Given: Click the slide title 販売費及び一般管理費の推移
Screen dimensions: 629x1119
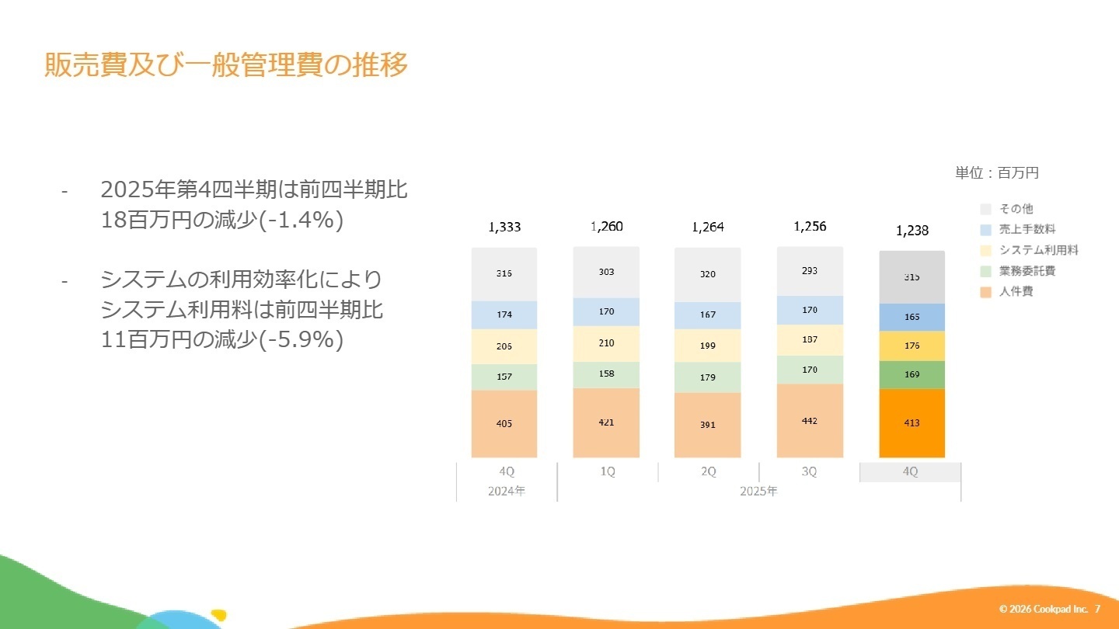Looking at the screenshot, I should [x=226, y=65].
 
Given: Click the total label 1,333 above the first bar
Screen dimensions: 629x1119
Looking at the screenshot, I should [x=504, y=227].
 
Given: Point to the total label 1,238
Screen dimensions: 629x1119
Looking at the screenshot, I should [x=912, y=231].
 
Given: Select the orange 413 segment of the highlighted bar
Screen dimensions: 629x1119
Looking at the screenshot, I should [x=912, y=422].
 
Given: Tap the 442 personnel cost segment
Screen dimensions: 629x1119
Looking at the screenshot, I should [x=810, y=420].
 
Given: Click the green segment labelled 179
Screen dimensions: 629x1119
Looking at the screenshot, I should [x=707, y=377].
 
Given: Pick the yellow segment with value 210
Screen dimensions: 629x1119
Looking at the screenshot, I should [x=606, y=343].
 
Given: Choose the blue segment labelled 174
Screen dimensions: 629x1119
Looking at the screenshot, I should [x=504, y=314].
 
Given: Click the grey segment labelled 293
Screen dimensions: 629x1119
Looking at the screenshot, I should [x=810, y=271].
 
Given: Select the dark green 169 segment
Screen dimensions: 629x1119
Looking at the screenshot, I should [x=912, y=374].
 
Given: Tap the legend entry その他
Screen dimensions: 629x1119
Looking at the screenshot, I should [x=1016, y=209].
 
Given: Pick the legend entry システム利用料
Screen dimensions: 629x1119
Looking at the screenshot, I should [x=1038, y=250].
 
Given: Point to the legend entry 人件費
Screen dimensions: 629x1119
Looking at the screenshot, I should [x=1016, y=292].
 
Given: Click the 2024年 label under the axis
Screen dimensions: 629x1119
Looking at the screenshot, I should [x=506, y=492].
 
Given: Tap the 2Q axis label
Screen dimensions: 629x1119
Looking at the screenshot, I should [x=708, y=472].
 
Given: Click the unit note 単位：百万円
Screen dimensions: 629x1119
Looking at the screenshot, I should [x=996, y=173].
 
